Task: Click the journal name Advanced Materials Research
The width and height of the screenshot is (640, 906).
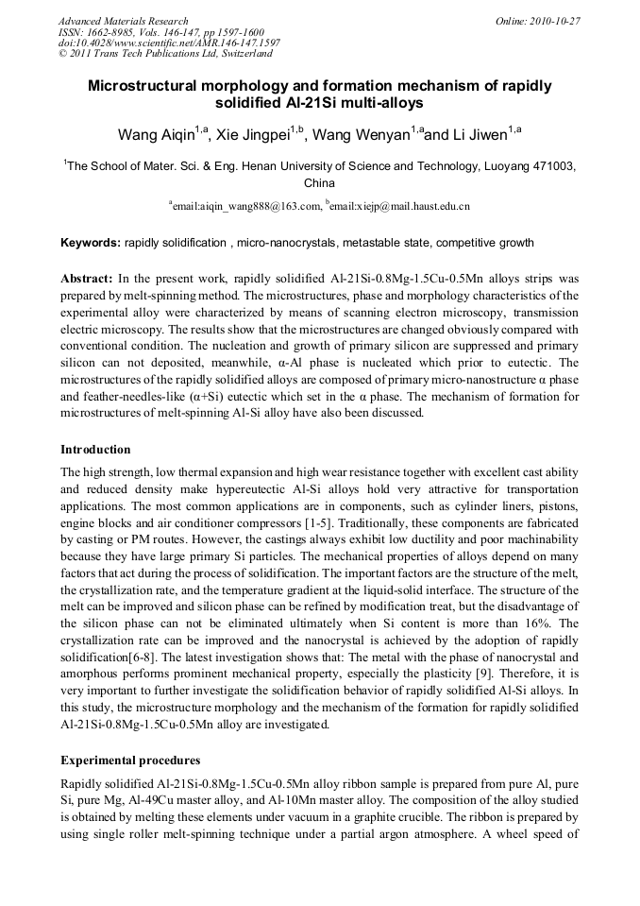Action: pyautogui.click(x=123, y=20)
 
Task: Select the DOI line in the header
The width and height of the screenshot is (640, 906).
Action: pyautogui.click(x=169, y=43)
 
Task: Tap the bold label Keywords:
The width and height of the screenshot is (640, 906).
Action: pyautogui.click(x=91, y=243)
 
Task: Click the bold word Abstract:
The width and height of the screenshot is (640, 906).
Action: pyautogui.click(x=87, y=281)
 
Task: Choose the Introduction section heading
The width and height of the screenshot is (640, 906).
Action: pyautogui.click(x=95, y=449)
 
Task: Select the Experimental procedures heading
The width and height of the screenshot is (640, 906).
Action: pyautogui.click(x=129, y=761)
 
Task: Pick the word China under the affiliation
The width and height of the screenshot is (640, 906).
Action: pyautogui.click(x=320, y=183)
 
